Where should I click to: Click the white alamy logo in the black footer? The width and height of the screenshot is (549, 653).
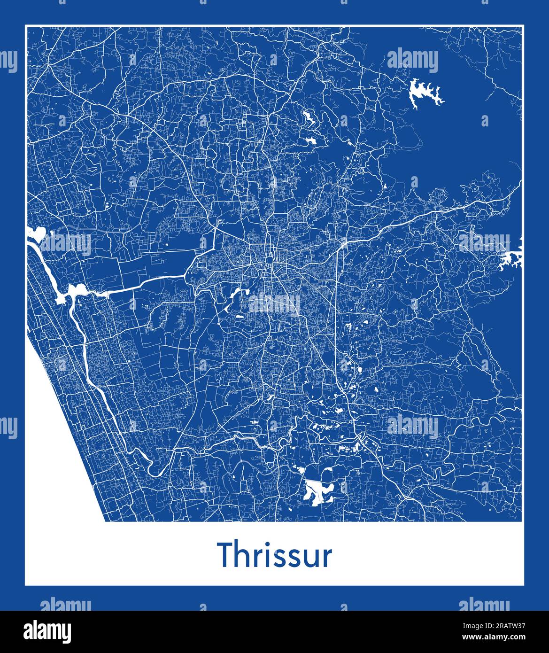[47, 630]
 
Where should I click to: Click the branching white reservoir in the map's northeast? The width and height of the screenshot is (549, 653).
[424, 94]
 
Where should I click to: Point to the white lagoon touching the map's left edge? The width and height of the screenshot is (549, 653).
[35, 233]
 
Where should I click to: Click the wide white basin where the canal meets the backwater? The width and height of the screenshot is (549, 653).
[75, 291]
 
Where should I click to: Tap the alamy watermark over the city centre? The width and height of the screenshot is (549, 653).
[274, 304]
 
